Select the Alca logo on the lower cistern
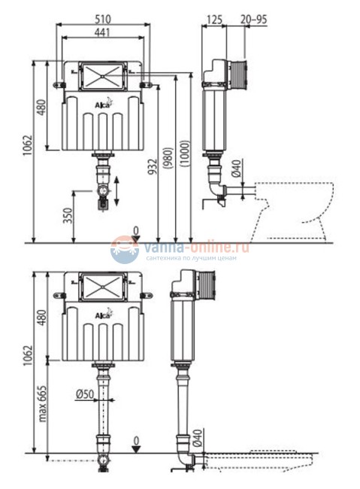point(101,313)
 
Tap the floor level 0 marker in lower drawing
point(135,445)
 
